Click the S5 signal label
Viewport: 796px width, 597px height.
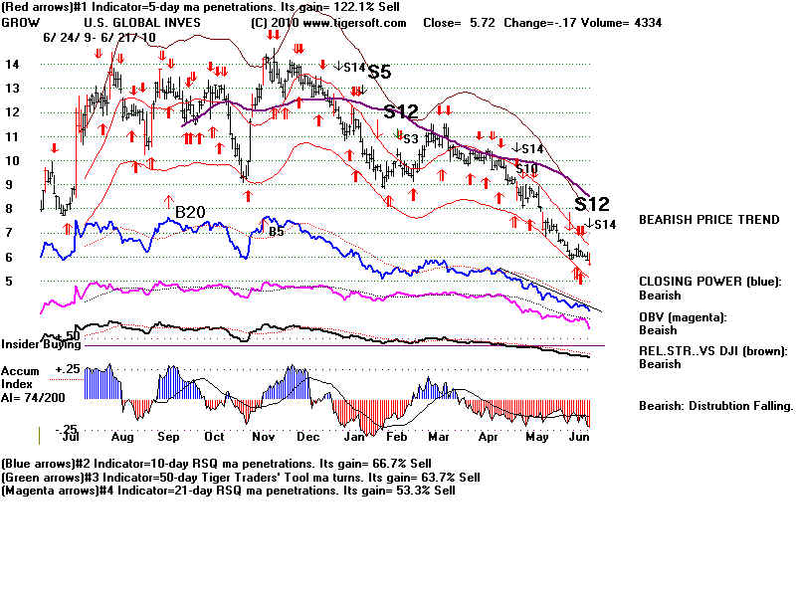(379, 73)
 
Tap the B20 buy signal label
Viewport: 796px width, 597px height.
(190, 212)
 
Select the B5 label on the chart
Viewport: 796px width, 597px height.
(276, 232)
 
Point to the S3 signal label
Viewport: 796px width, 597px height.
(409, 138)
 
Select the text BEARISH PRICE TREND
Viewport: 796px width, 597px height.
(708, 219)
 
